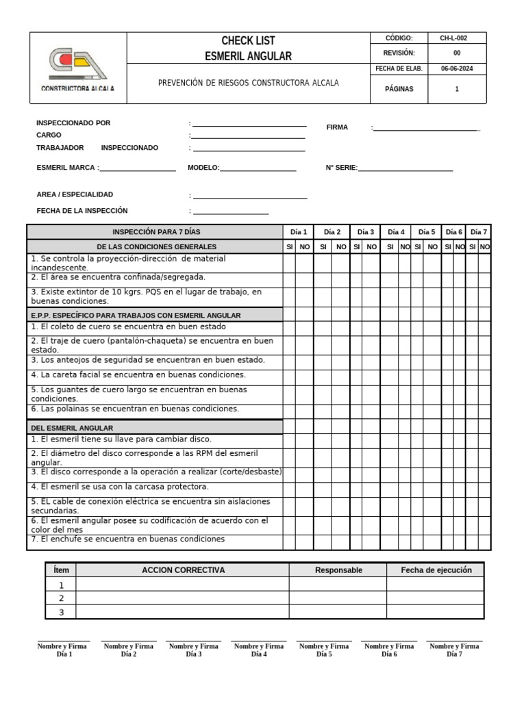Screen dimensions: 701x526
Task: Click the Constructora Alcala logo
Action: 78,68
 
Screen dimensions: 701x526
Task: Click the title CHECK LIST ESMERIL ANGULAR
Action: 248,48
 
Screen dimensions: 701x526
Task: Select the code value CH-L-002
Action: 457,38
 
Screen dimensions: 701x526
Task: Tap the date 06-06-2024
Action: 457,68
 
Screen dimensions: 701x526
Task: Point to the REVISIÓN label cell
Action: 399,53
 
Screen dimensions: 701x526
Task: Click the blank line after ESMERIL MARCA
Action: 138,168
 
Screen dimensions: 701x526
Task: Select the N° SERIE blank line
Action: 405,168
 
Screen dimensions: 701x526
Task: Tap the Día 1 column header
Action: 299,232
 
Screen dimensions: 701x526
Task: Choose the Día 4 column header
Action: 396,232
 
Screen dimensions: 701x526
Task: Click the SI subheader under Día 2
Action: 323,246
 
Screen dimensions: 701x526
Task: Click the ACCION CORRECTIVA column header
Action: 183,570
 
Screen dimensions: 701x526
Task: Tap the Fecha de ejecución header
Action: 436,570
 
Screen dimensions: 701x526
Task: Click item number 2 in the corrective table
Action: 61,598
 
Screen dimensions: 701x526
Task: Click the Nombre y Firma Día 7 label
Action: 453,650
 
